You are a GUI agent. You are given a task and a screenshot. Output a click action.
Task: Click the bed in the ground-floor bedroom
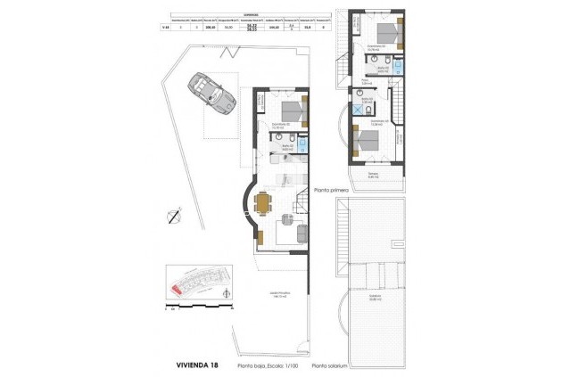tap(292, 112)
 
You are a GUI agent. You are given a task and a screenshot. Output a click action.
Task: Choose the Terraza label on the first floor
tap(374, 174)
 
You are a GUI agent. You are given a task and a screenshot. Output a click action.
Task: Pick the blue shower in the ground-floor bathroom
tap(303, 143)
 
